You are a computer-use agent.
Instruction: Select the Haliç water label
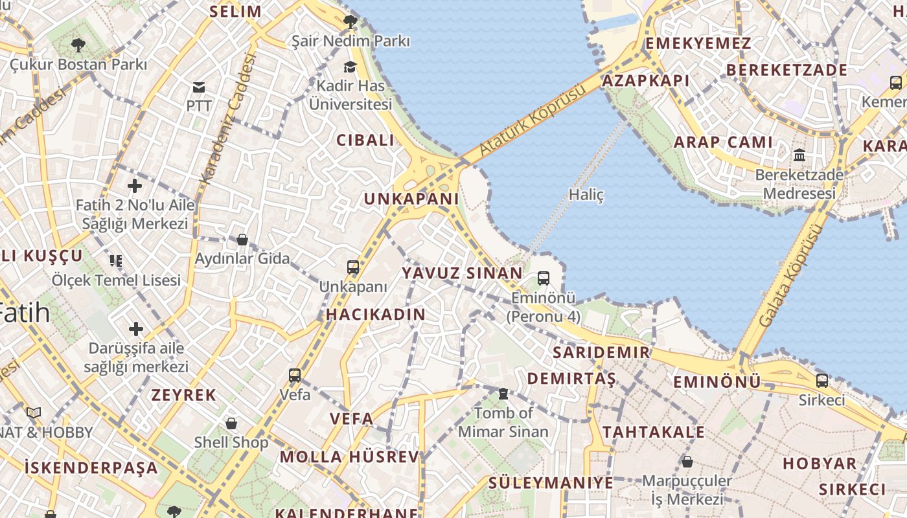(x=586, y=194)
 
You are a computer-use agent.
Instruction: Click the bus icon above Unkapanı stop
(x=353, y=267)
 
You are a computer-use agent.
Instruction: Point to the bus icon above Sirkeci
(x=822, y=380)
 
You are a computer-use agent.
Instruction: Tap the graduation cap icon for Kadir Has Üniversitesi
(x=350, y=67)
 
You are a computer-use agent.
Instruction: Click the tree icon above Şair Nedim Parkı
(x=350, y=22)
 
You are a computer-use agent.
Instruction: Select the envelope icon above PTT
(x=199, y=87)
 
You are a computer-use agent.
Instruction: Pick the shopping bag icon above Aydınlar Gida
(x=242, y=240)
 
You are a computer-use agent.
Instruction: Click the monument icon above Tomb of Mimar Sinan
(x=503, y=394)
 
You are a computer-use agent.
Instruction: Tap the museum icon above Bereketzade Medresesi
(x=799, y=155)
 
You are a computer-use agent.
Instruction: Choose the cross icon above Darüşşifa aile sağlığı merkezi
(x=136, y=329)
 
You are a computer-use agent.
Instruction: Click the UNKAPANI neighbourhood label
(x=411, y=199)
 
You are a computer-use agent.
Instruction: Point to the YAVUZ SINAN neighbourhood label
(x=462, y=273)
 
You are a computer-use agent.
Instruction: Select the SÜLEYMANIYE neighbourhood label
(x=551, y=482)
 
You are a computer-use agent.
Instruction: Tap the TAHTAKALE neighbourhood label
(x=654, y=432)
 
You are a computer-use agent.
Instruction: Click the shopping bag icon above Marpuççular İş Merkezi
(x=687, y=462)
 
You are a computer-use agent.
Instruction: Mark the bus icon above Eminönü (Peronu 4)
(x=544, y=278)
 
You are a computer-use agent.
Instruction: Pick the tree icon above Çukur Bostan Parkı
(x=78, y=45)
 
